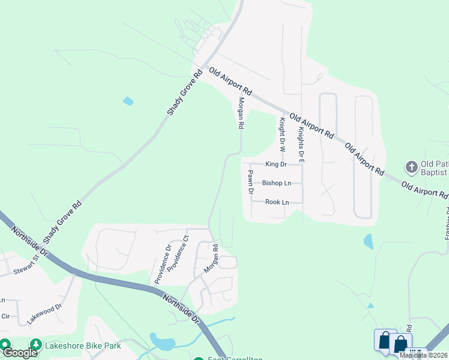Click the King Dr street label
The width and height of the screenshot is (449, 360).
276,164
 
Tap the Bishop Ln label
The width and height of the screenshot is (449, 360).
276,183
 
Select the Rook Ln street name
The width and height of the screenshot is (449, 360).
277,202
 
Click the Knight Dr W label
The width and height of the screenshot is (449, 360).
282,134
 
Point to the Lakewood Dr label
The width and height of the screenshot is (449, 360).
44,314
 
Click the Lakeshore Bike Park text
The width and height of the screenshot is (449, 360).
83,346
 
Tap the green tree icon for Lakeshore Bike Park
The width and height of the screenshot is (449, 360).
37,345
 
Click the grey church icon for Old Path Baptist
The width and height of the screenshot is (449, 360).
411,166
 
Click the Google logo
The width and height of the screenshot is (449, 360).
20,353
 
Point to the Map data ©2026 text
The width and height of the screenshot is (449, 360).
424,355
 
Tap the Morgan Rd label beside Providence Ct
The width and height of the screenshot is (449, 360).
209,259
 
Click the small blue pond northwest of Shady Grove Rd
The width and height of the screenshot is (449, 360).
128,101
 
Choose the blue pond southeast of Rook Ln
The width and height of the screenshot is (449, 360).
368,241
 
